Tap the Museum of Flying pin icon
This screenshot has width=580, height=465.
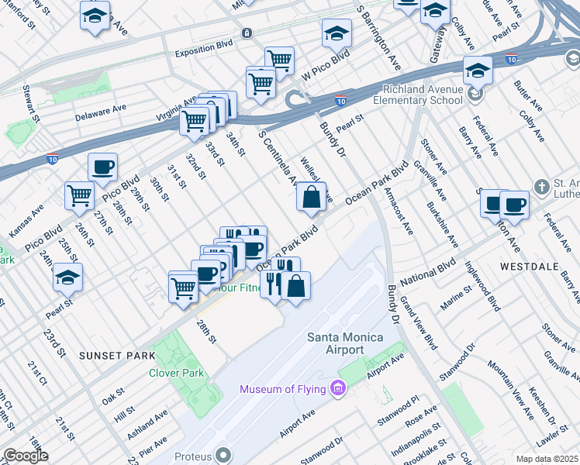point(337,387)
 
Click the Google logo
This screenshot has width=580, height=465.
point(25,456)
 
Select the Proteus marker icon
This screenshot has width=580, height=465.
point(224,454)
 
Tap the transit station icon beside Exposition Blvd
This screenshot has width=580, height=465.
point(247,33)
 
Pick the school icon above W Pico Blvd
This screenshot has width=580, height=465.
point(337,33)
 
